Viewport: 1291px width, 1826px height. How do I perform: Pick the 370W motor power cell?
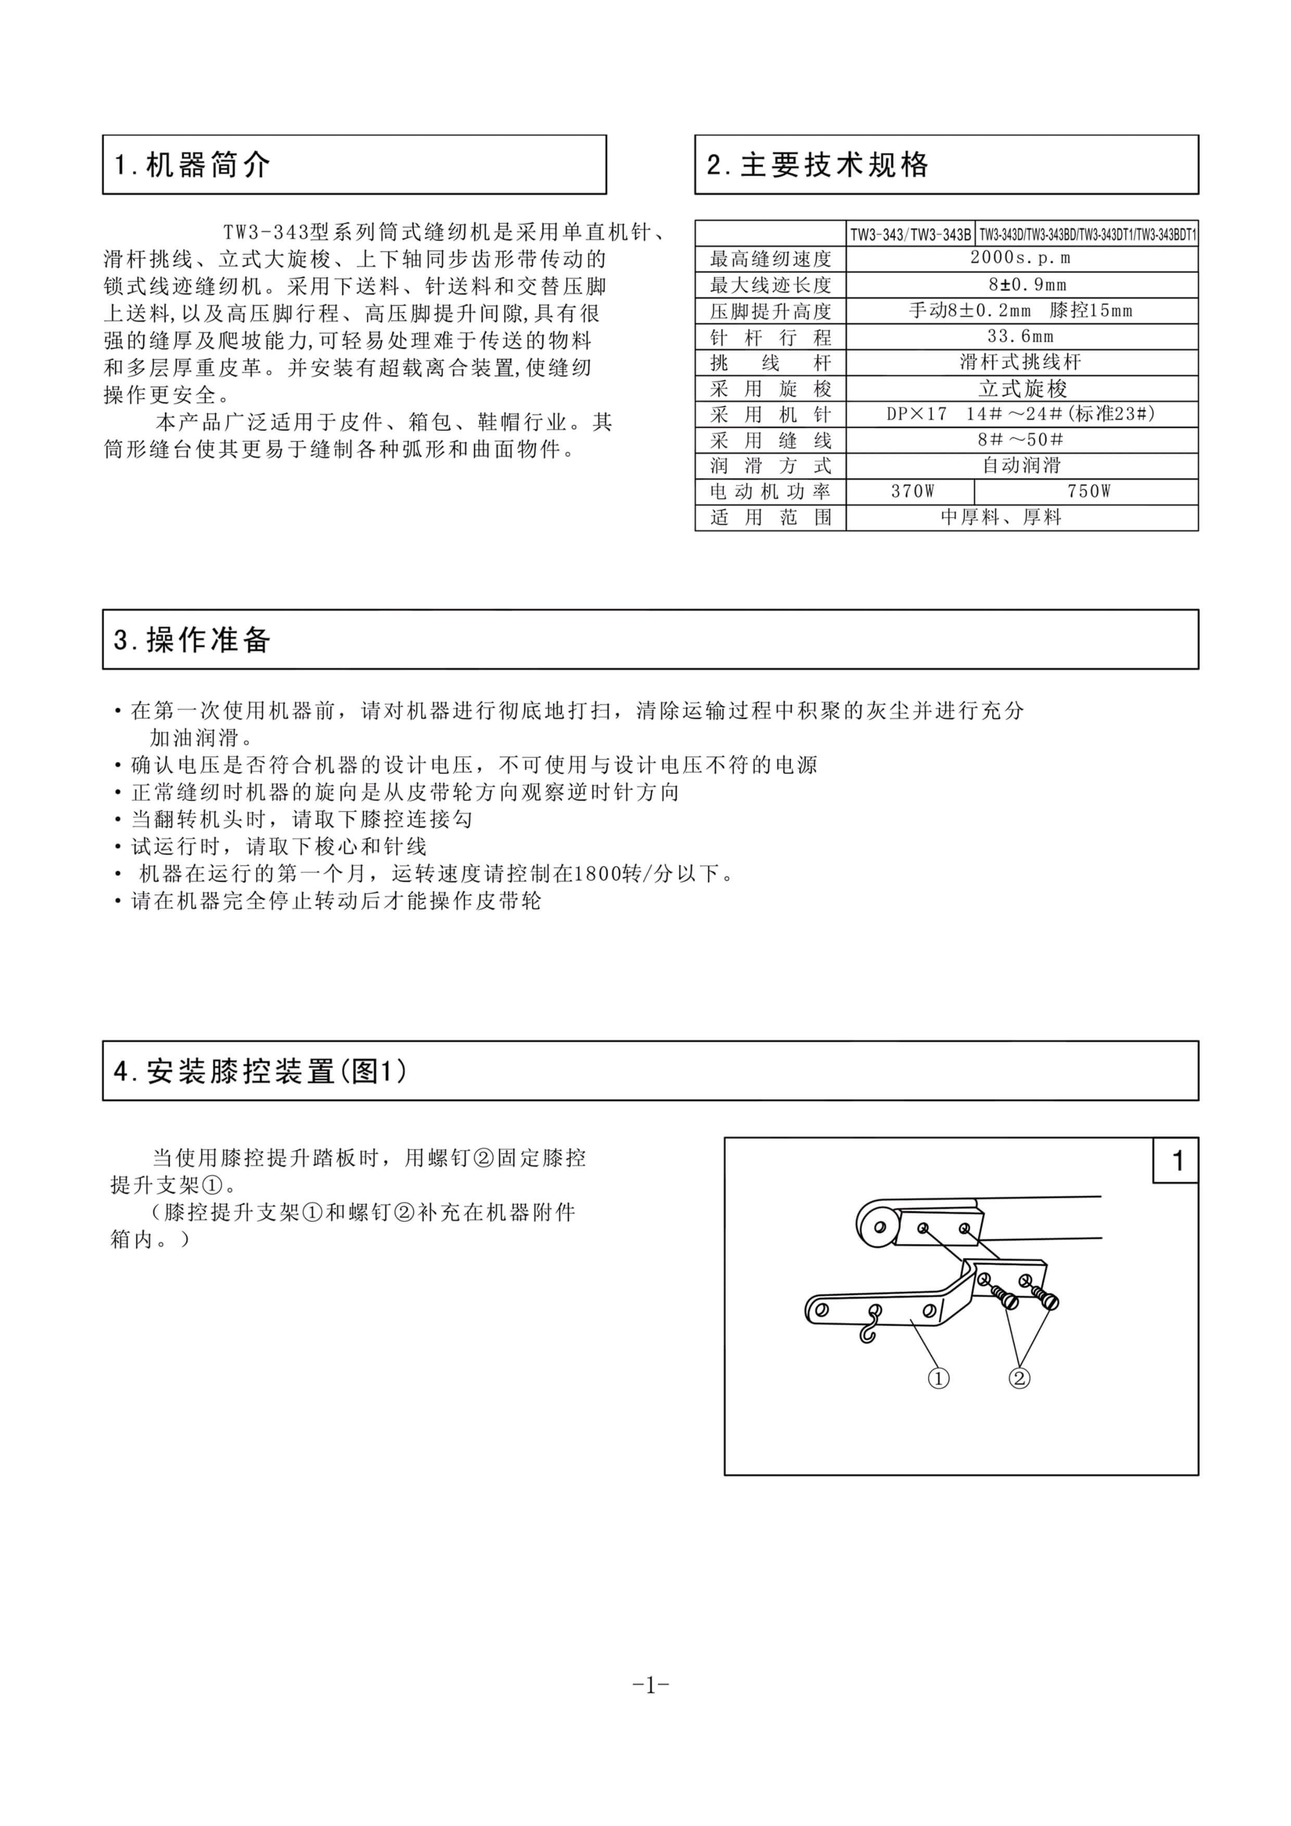pyautogui.click(x=912, y=491)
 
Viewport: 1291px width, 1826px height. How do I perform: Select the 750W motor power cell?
pyautogui.click(x=1088, y=491)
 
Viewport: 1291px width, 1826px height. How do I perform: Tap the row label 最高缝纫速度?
pyautogui.click(x=770, y=259)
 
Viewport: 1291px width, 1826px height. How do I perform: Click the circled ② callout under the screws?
pyautogui.click(x=1019, y=1377)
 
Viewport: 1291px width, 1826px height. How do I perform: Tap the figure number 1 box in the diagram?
pyautogui.click(x=1177, y=1160)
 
